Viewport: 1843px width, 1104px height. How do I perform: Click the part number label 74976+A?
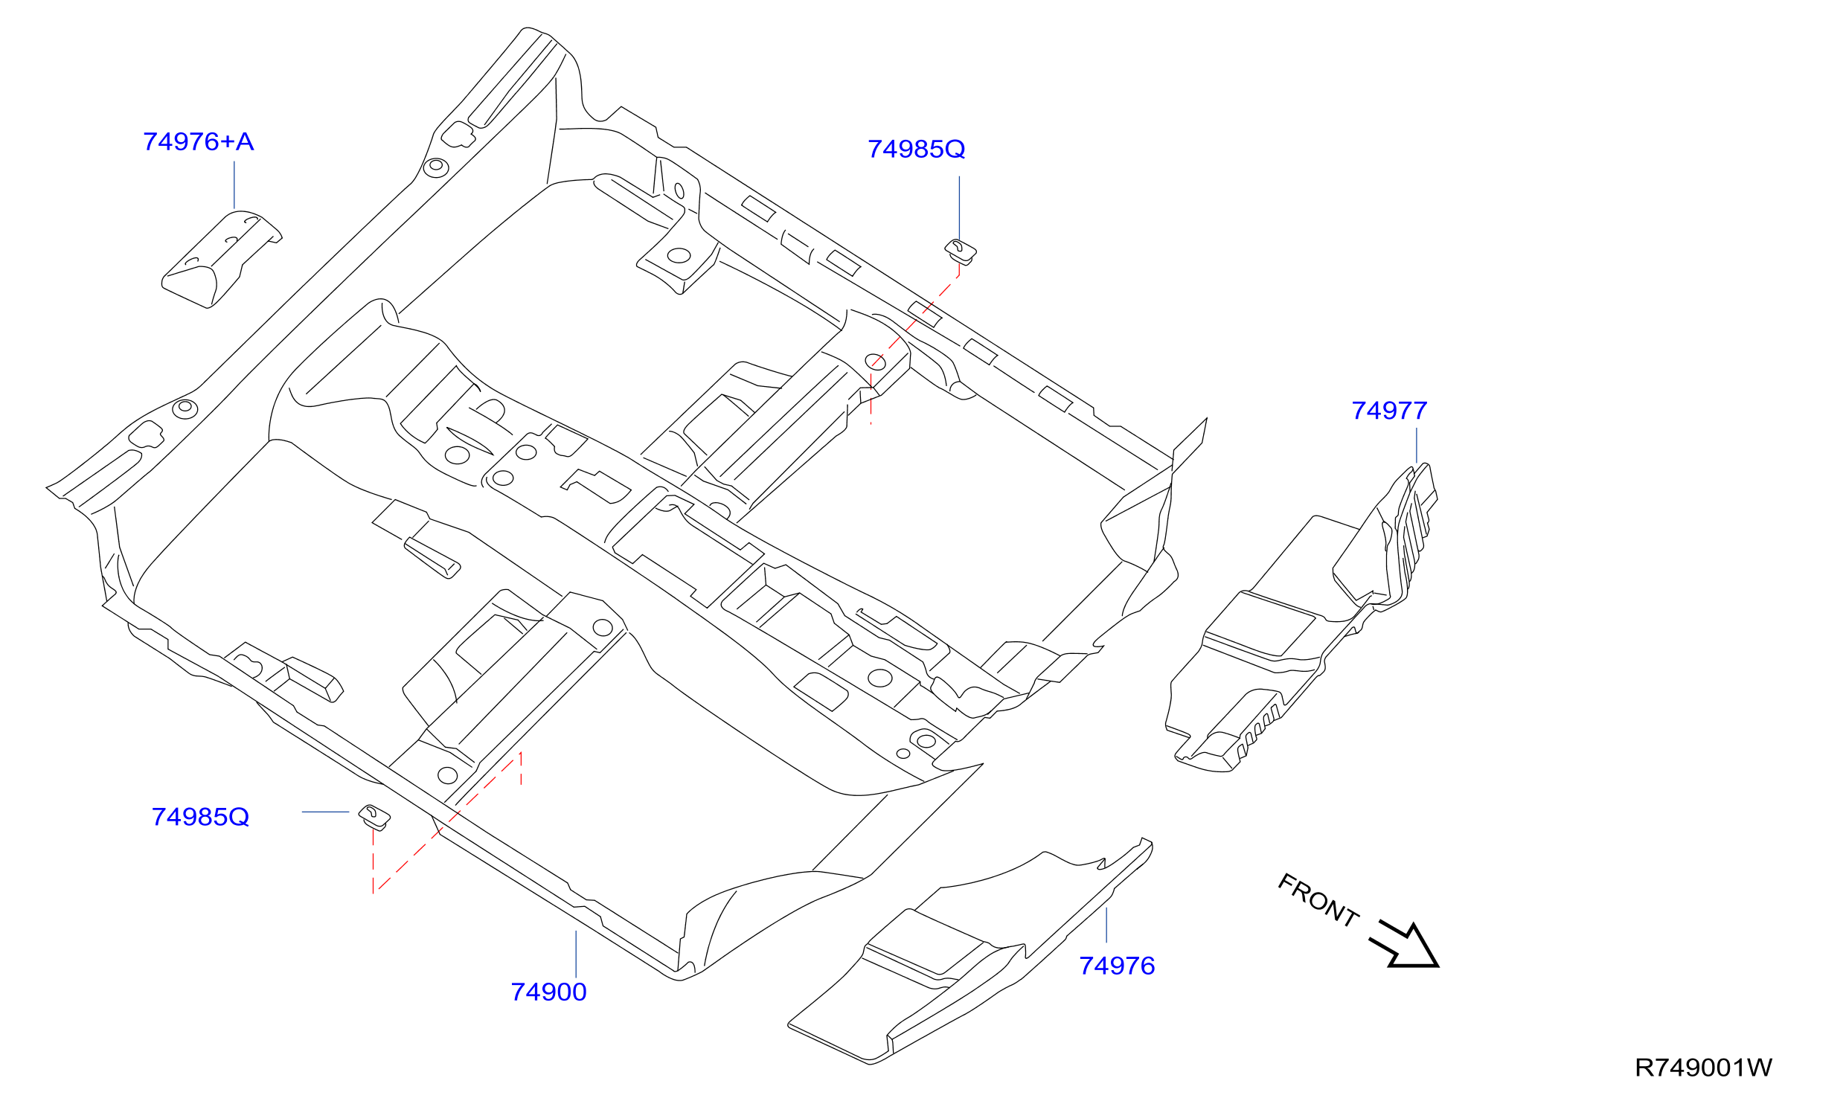(x=198, y=141)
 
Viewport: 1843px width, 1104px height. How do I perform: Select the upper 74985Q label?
(x=916, y=150)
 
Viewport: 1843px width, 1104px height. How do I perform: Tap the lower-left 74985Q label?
(x=200, y=817)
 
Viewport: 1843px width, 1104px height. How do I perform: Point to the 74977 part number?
(x=1389, y=411)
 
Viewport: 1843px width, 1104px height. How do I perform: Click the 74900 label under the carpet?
(x=548, y=992)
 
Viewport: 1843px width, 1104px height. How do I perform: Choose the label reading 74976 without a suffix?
(x=1117, y=966)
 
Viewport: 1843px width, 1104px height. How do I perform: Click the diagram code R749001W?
(x=1703, y=1068)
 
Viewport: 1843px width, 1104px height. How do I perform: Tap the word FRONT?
(x=1318, y=900)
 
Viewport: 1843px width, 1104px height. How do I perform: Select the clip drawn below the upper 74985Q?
(x=961, y=251)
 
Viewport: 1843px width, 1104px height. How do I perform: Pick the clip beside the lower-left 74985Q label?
(x=374, y=816)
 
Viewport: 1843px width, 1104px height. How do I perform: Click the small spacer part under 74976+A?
(x=221, y=258)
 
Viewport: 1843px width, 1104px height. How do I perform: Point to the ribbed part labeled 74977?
(x=1302, y=617)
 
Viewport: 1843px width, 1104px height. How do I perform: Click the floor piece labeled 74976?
(x=967, y=952)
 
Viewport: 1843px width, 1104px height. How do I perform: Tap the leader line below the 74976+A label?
(x=234, y=185)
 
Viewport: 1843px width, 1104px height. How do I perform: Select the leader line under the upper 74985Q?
(x=959, y=209)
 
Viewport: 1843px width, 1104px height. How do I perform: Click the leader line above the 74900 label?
(x=576, y=954)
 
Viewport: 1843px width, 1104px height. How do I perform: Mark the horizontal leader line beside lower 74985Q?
(x=325, y=812)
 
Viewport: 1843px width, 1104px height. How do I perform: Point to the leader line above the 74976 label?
(x=1106, y=925)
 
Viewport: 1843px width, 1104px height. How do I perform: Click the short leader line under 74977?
(x=1417, y=446)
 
